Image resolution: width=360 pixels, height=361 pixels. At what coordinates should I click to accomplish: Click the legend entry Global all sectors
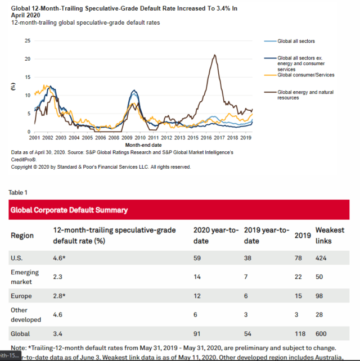tap(296, 41)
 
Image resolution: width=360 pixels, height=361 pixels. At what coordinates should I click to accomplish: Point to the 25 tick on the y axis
tap(27, 40)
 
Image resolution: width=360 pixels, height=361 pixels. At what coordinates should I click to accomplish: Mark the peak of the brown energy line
tap(214, 55)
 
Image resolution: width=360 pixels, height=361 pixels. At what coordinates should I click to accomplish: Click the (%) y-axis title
tap(13, 86)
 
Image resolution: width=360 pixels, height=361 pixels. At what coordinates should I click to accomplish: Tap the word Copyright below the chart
tap(23, 167)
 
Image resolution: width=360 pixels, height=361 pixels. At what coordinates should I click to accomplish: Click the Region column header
tap(22, 236)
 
